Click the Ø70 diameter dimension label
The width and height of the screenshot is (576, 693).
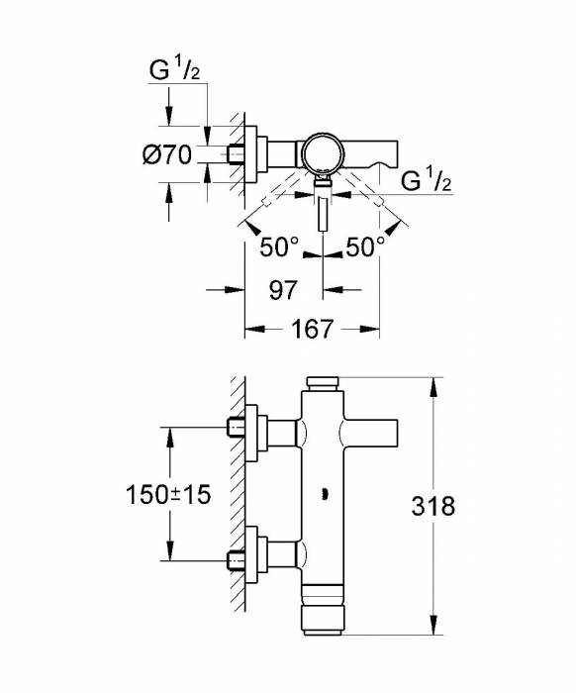click(167, 154)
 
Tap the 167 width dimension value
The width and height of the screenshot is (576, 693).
click(312, 329)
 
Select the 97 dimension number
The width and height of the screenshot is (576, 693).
click(283, 290)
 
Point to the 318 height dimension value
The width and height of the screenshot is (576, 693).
click(432, 506)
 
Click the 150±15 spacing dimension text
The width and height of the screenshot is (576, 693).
click(168, 494)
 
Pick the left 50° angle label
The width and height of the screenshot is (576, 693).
click(279, 247)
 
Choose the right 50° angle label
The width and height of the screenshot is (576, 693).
click(365, 247)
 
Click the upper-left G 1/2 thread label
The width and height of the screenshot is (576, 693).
click(174, 70)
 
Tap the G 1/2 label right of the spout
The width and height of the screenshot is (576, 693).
click(427, 180)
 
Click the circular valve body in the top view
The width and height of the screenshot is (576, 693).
click(323, 154)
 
